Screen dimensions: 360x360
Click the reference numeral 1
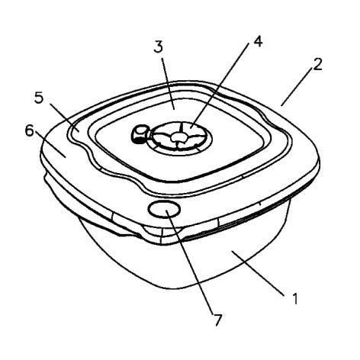295,298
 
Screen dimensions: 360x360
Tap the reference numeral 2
317,65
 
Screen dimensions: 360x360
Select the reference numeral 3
158,47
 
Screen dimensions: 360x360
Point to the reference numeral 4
258,41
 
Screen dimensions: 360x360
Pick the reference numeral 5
39,98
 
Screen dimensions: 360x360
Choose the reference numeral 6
30,130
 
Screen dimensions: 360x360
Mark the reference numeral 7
217,320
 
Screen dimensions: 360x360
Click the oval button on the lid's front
164,209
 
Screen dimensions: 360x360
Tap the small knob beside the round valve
139,133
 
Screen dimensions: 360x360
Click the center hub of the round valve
178,137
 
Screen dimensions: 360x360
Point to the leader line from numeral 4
219,85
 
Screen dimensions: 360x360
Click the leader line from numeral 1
257,273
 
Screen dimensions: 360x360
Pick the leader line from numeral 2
297,87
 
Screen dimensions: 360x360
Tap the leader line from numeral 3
168,83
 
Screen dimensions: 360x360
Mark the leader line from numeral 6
50,144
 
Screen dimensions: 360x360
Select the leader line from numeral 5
65,117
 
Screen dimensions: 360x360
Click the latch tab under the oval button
162,233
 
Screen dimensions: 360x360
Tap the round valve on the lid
181,137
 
